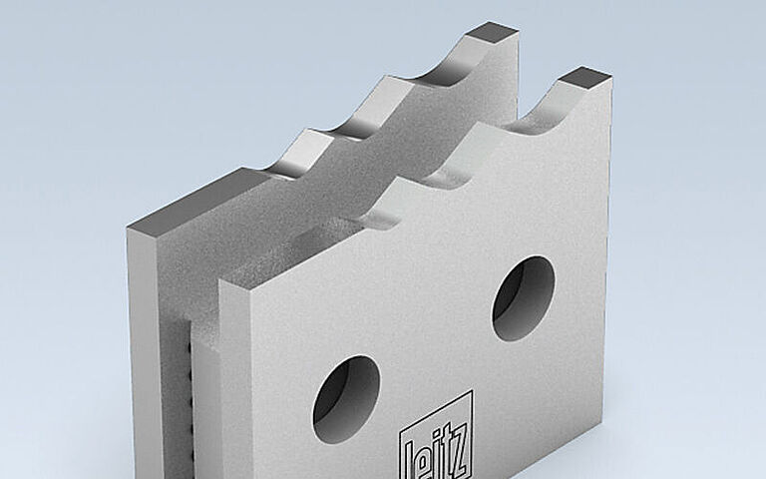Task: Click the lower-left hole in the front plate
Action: pos(346,399)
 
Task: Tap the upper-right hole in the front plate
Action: pos(524,297)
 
